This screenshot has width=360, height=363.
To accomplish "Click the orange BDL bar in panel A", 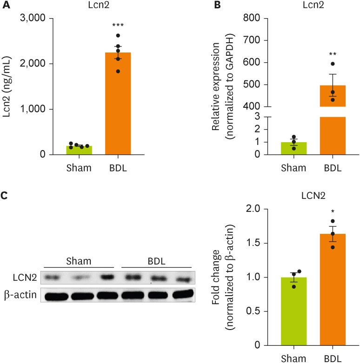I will pos(118,107).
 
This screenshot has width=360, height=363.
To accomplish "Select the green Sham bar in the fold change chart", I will pos(293,314).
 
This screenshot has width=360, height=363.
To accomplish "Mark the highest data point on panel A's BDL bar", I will pos(118,36).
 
